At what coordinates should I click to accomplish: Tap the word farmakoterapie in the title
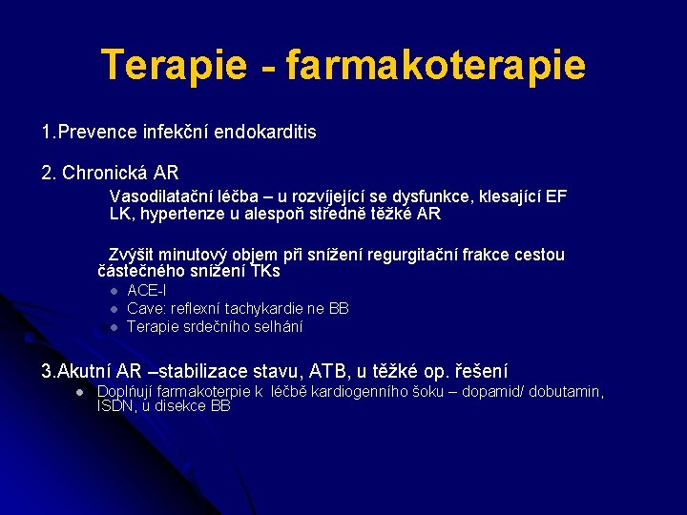435,65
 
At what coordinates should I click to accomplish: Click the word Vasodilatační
157,196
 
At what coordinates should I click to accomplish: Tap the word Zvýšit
129,255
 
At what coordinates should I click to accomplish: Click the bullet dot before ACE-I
113,291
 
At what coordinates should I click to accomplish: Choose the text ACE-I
147,290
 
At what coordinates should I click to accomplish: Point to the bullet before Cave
113,309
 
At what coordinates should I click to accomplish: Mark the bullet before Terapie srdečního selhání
113,327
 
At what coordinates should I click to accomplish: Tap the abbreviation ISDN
116,406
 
